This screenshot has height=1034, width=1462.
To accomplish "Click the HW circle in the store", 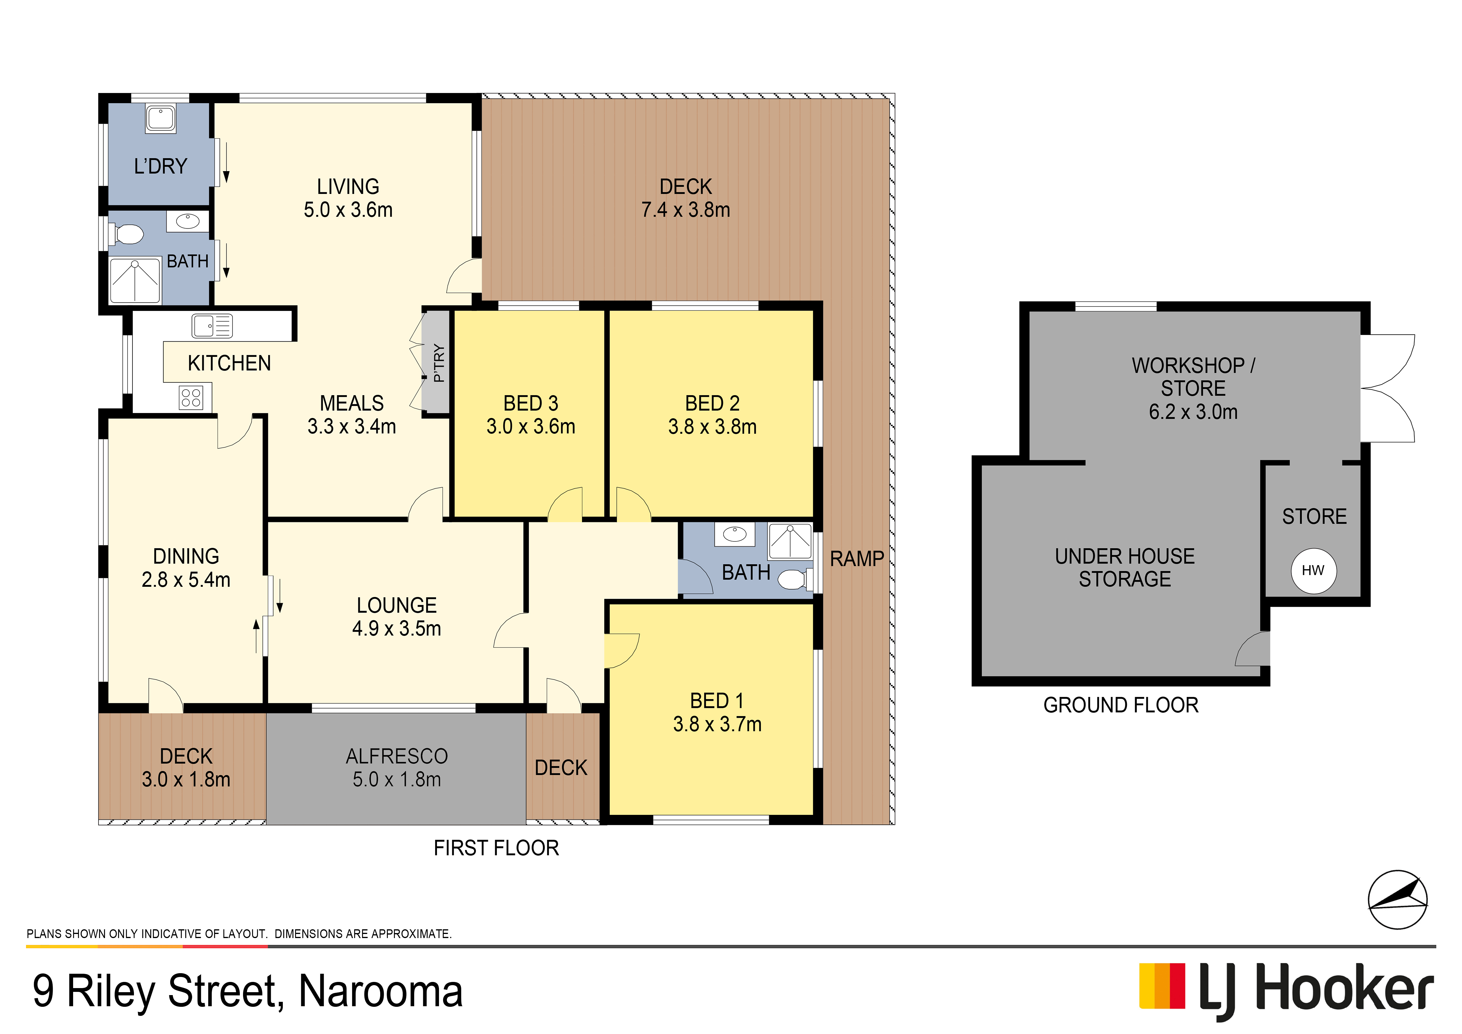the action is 1314,570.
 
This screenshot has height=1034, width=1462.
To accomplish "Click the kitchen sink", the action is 212,326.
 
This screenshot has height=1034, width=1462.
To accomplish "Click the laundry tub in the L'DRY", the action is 161,118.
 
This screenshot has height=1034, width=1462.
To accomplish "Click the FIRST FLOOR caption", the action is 496,848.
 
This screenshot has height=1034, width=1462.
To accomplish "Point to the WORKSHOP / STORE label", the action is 1193,377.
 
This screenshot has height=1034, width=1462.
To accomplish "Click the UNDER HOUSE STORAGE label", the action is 1125,567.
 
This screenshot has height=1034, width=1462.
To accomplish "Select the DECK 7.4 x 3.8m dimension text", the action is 686,209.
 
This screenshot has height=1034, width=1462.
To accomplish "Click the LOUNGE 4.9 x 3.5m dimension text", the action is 397,628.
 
